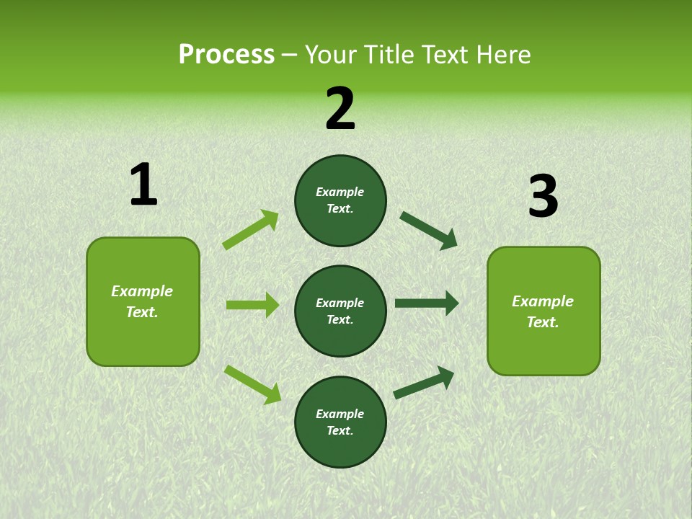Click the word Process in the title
coord(226,55)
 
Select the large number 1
coord(143,185)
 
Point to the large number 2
coord(340,108)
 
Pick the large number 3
coord(543,197)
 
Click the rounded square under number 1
coord(143,301)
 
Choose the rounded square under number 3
coord(544,311)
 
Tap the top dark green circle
coord(340,200)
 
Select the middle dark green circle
coord(340,311)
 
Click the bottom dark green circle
coord(340,422)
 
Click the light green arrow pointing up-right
coord(251,230)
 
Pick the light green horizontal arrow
coord(252,305)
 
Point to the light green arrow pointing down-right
coord(252,384)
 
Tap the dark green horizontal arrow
coord(427,303)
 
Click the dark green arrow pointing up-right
coord(424,383)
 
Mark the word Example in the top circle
coord(340,192)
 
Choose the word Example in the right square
coord(543,301)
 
